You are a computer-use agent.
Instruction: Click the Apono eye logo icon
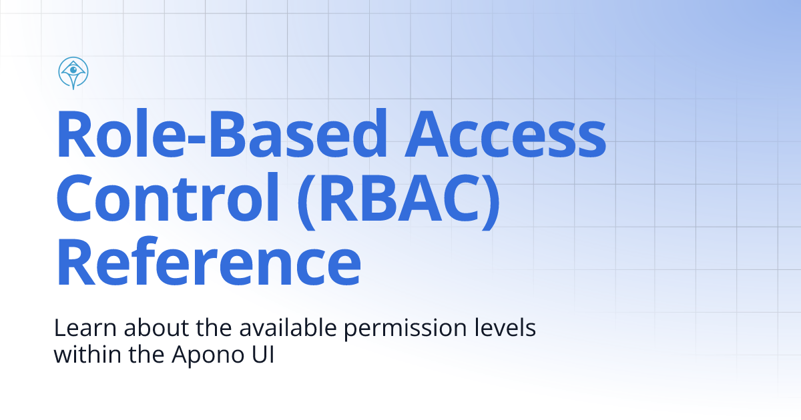[74, 73]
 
